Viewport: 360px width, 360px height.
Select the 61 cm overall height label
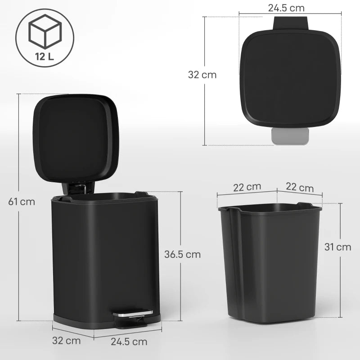(x=22, y=201)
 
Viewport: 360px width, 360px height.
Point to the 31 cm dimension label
(x=337, y=247)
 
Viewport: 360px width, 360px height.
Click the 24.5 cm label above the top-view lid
(x=286, y=8)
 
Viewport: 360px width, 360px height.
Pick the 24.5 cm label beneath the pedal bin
(x=129, y=342)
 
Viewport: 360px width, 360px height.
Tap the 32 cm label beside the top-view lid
(x=202, y=75)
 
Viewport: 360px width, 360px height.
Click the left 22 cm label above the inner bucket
(x=247, y=187)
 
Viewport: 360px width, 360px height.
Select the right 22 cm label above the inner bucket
(x=300, y=188)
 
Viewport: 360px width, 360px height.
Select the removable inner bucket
(x=270, y=261)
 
